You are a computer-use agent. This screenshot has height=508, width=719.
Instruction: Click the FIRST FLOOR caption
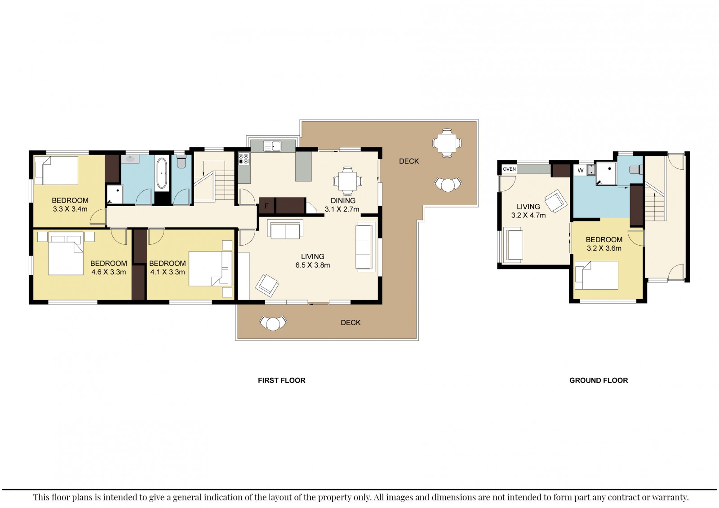[281, 380]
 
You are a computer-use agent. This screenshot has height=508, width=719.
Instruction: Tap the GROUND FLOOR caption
[599, 380]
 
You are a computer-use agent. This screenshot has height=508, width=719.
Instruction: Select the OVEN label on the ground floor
[510, 169]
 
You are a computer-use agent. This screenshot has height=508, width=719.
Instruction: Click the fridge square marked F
[266, 206]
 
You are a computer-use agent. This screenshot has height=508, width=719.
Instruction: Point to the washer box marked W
[581, 170]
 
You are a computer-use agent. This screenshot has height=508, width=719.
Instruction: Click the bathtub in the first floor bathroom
[161, 172]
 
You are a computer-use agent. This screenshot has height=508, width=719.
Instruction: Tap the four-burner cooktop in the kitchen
[244, 159]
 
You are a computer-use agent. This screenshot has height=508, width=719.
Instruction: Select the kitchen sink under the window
[272, 146]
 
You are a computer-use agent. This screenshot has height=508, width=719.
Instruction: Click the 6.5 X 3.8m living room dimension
[313, 265]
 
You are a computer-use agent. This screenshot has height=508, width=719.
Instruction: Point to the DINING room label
[343, 201]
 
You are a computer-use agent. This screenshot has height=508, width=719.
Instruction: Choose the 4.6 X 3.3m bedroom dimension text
[108, 272]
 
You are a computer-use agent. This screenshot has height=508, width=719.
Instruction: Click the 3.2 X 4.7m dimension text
[528, 215]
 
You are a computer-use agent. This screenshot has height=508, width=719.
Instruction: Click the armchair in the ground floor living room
[556, 201]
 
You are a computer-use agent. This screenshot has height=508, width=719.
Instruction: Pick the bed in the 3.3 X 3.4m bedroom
[57, 170]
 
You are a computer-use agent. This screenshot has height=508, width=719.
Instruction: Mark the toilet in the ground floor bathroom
[636, 169]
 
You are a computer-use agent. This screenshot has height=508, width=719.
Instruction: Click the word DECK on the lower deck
[351, 322]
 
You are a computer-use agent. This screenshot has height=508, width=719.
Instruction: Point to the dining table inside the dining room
[348, 181]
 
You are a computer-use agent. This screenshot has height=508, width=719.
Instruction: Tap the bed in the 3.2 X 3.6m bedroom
[596, 275]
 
